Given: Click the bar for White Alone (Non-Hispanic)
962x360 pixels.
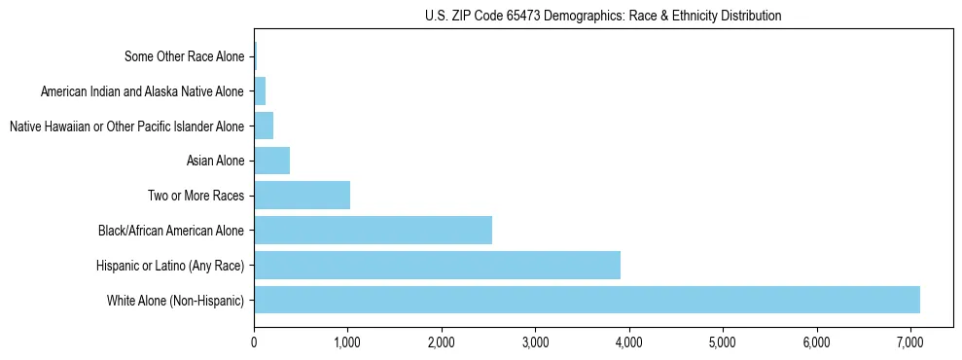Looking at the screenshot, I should tap(587, 300).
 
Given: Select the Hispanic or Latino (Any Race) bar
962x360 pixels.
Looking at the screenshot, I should tap(437, 265).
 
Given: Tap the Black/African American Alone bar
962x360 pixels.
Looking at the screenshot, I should tap(373, 230).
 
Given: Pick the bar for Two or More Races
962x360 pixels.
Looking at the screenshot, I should tap(302, 195).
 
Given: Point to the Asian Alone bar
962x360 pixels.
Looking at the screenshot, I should tap(271, 161).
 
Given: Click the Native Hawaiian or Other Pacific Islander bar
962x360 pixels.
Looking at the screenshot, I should tap(264, 126).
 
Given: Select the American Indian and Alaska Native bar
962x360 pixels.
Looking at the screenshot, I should tap(260, 91).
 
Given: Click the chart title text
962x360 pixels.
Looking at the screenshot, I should tap(603, 16).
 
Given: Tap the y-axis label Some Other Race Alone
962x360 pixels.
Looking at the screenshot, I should tap(185, 56).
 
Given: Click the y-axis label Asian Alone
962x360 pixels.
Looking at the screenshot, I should tap(215, 161).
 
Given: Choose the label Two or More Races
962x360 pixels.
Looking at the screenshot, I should tap(196, 196).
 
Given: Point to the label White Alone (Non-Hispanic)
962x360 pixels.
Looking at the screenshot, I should tap(176, 300).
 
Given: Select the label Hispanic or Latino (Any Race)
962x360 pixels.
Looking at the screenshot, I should tap(170, 265).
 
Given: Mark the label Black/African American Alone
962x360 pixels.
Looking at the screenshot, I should tap(171, 231).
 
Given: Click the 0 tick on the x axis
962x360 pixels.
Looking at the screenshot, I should tap(254, 343).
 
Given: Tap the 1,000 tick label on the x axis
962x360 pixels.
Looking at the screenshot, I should tap(347, 343).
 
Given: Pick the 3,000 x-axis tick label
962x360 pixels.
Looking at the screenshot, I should tap(535, 343).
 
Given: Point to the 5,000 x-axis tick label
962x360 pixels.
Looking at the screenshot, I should tap(723, 343).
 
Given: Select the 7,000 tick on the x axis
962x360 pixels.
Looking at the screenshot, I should tap(909, 343).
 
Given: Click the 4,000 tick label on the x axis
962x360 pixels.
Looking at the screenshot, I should tap(628, 343).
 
